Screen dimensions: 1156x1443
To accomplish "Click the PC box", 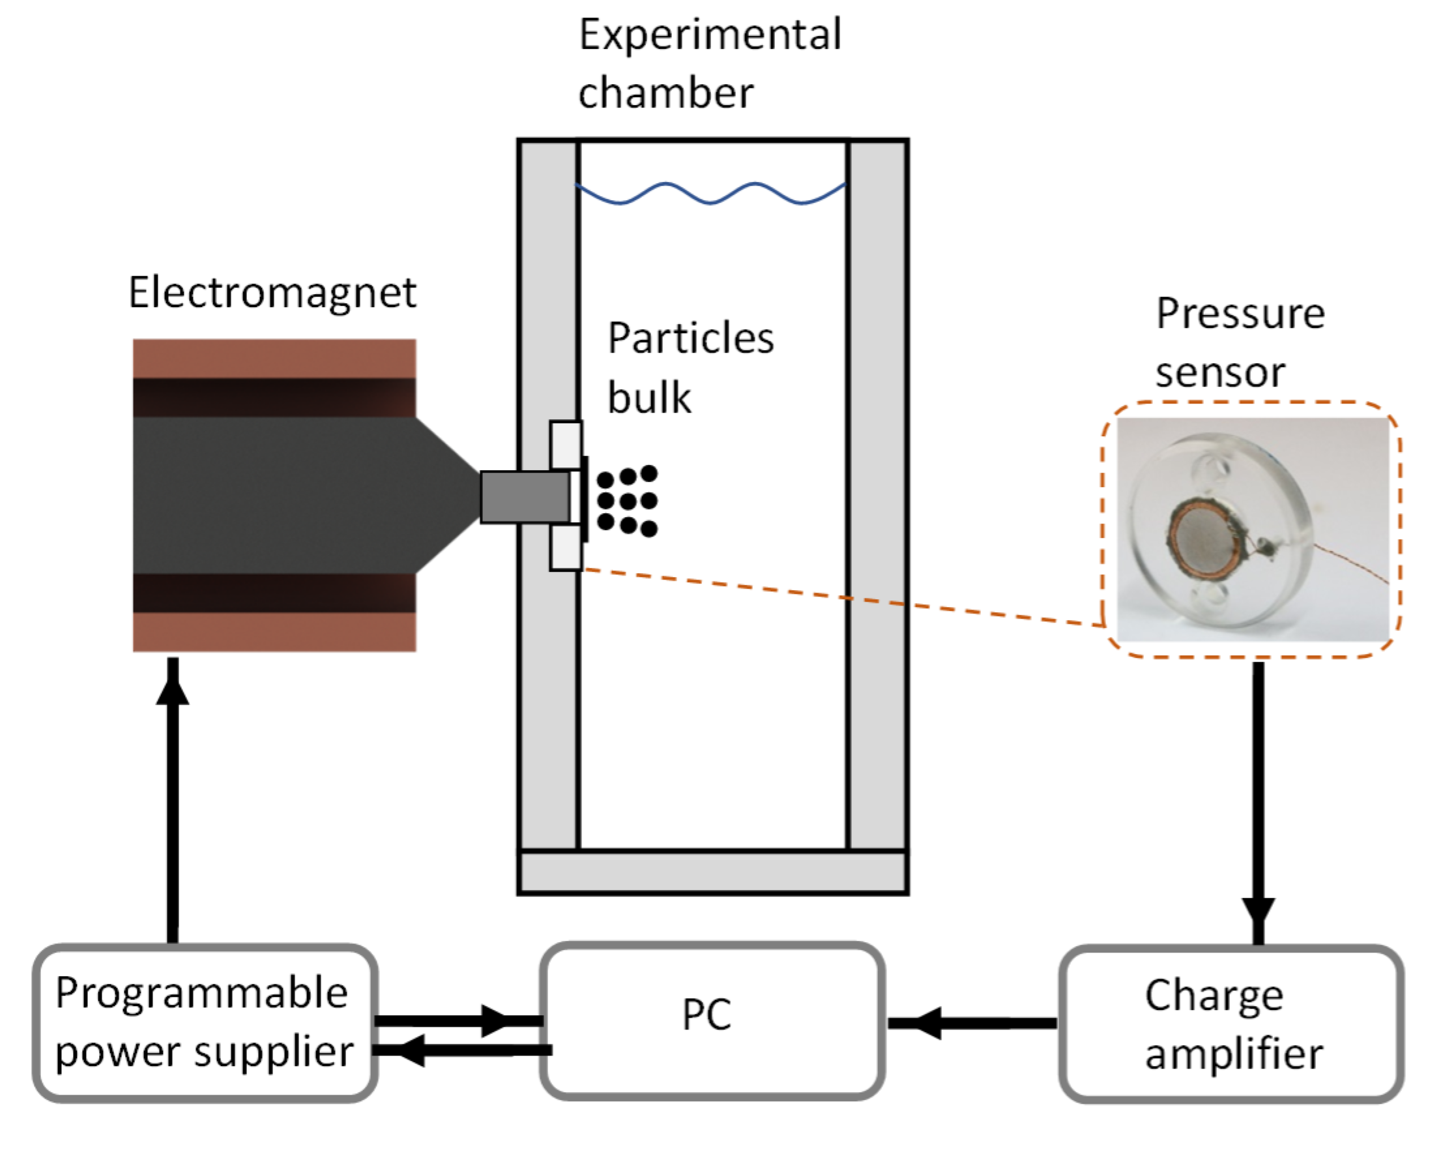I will (x=712, y=1022).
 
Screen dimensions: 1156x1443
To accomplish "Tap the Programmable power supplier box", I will (x=205, y=1024).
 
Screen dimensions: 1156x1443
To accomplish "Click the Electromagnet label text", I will (x=272, y=293).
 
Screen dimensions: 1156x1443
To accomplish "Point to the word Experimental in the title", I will (x=710, y=35).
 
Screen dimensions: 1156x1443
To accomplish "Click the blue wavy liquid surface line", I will (x=711, y=194).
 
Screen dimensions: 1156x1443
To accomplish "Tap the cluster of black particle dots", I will (x=628, y=501).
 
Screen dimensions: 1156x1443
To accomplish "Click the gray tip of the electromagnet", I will (x=525, y=497).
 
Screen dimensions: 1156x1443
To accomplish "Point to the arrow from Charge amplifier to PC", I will (x=970, y=1023).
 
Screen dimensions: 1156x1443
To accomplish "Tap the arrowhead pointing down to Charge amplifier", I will (x=1259, y=910).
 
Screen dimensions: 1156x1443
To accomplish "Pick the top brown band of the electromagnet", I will (x=274, y=358).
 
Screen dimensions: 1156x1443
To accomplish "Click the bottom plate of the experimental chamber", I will (x=712, y=872).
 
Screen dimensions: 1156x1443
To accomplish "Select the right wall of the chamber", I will (x=877, y=496).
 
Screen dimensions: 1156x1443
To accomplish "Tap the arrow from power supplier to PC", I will (x=462, y=1021).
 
